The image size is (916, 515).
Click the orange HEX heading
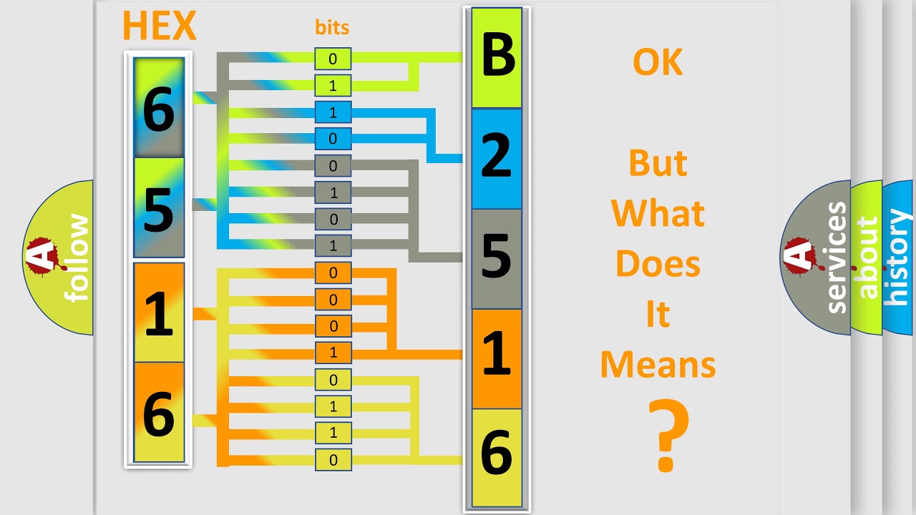point(159,26)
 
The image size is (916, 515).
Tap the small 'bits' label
point(332,27)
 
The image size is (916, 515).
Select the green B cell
point(497,57)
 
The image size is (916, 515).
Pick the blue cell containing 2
point(497,158)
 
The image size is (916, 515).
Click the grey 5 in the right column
point(497,258)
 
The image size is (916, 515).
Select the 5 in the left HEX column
point(159,209)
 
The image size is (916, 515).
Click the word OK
point(658,63)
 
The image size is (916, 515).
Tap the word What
point(658,213)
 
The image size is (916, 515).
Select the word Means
point(658,364)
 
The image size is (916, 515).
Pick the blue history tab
point(898,257)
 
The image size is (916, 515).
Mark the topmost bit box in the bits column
point(333,59)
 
